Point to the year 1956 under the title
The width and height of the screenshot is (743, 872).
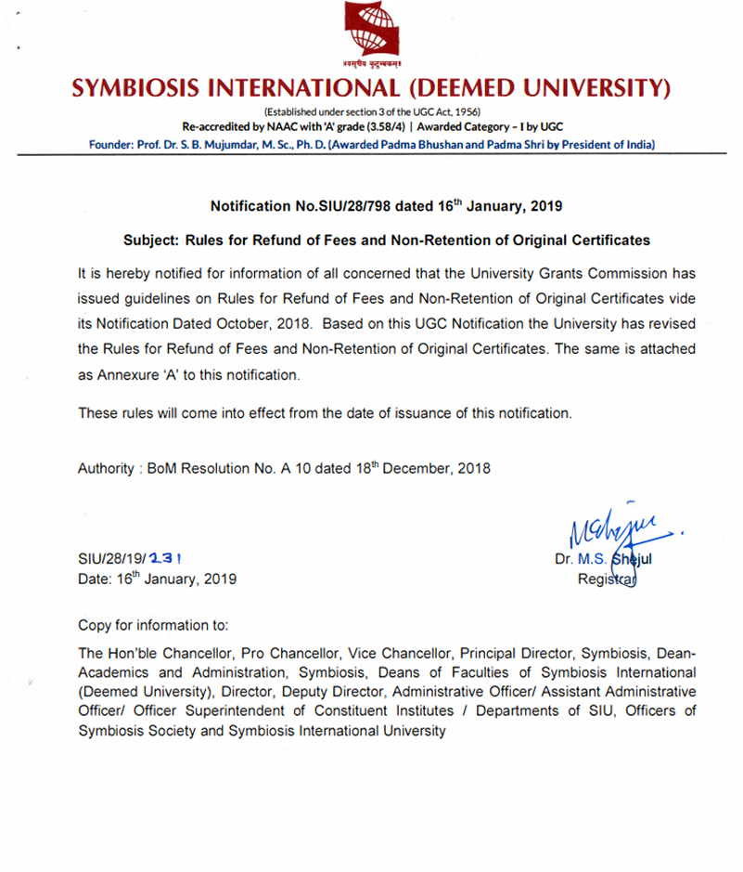tap(464, 112)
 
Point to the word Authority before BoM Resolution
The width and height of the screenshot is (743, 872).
tap(106, 469)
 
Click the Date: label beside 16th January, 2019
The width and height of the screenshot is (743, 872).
tap(96, 579)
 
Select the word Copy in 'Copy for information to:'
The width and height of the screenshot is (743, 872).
tap(95, 624)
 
